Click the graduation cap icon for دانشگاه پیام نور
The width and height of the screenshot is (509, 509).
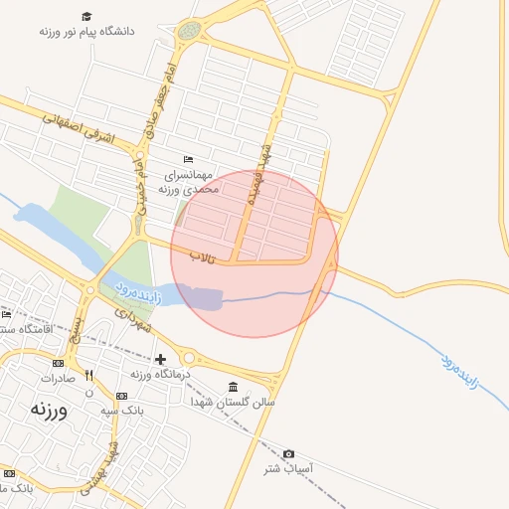(87, 17)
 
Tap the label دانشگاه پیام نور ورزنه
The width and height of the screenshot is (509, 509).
(87, 32)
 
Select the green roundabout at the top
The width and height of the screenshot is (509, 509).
(188, 32)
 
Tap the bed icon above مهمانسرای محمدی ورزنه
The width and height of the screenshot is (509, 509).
(189, 160)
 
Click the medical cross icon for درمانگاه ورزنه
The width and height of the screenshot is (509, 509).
(160, 359)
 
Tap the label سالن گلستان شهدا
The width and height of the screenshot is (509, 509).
(235, 403)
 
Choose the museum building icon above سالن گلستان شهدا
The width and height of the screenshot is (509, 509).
(233, 387)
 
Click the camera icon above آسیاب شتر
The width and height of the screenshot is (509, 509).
(289, 453)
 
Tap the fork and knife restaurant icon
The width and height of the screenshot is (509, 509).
(88, 376)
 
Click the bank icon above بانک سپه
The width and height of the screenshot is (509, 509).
(120, 396)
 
